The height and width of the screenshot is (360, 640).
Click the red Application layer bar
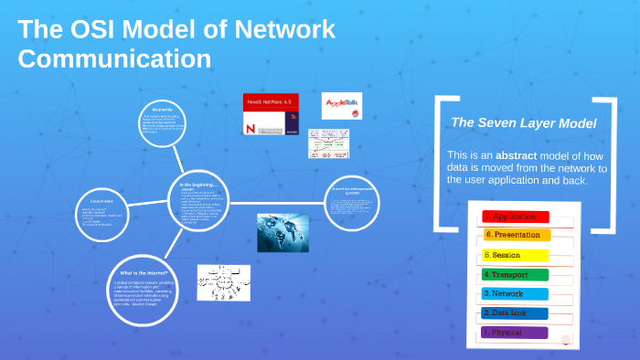tap(515, 217)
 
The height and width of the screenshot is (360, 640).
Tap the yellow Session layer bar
tap(515, 255)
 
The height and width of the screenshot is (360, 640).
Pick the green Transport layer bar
tap(515, 274)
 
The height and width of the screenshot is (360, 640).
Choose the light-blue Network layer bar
tap(515, 294)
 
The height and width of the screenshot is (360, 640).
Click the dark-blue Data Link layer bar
tap(515, 313)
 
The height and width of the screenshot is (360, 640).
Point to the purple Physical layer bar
tap(515, 333)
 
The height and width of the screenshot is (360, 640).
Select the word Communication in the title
tap(115, 59)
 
